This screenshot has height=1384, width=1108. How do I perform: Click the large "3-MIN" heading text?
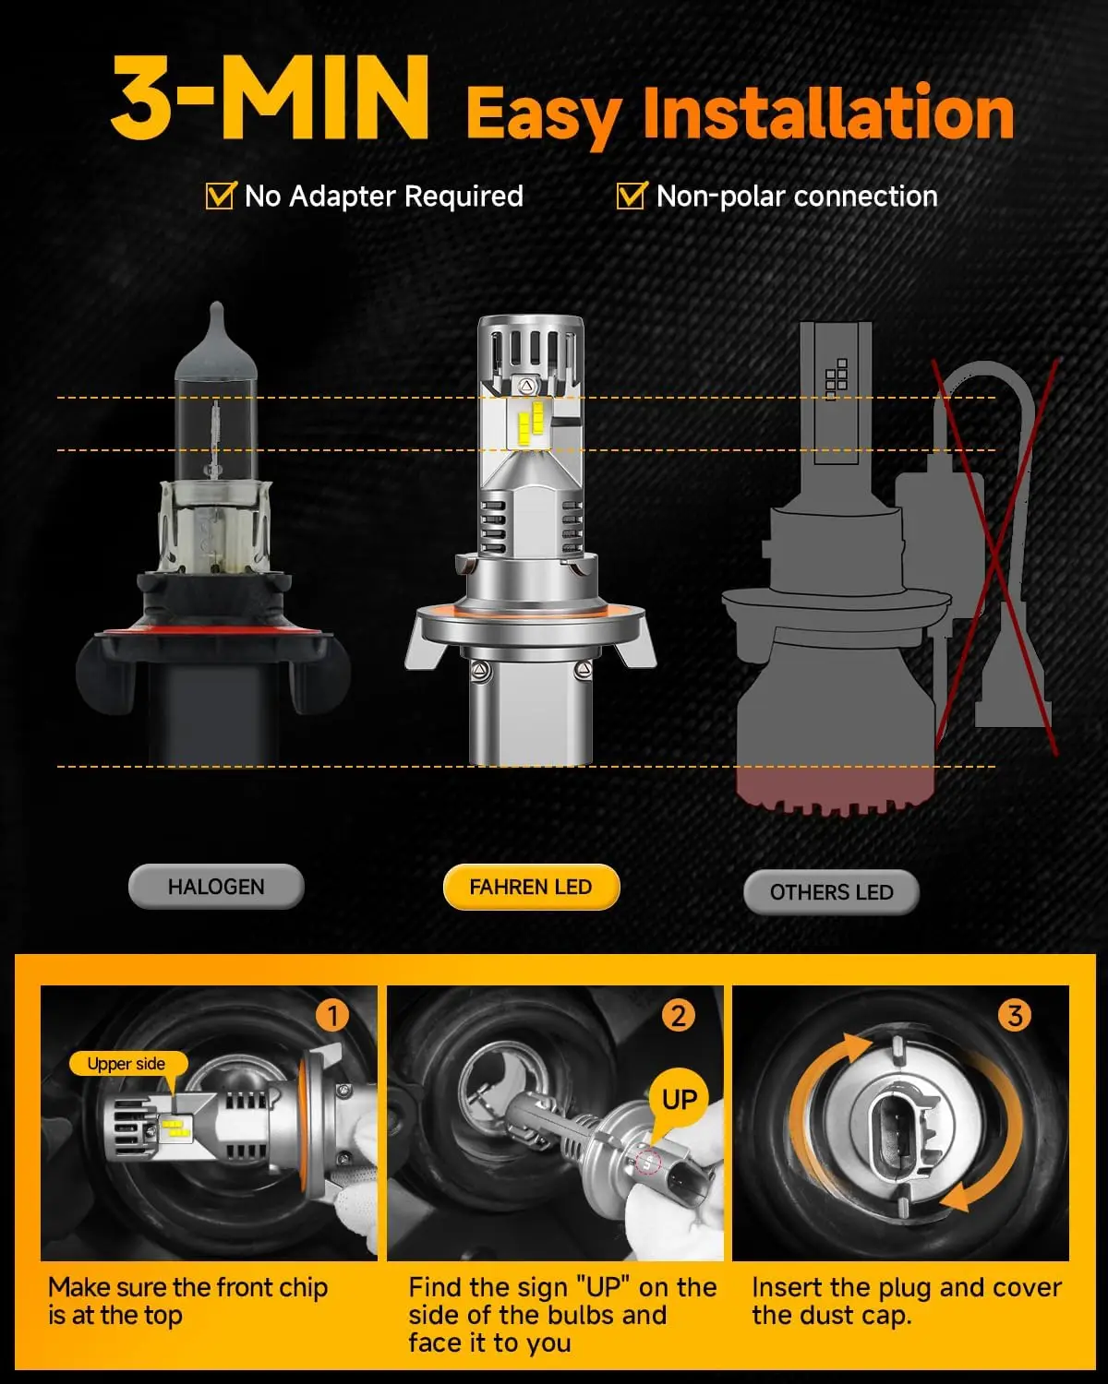coord(270,100)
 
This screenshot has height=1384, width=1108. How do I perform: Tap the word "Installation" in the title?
coord(828,114)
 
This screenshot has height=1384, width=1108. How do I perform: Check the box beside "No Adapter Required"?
coord(220,196)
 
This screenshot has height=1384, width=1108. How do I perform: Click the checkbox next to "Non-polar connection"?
coord(631,196)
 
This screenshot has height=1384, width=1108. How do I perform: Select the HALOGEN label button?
coord(216,887)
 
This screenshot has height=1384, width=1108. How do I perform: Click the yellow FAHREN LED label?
coord(531,888)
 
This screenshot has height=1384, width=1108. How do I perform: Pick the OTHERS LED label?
coord(831,892)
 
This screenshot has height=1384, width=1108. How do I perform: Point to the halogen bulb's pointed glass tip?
coord(216,318)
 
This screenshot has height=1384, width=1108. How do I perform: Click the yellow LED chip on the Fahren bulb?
coord(530,422)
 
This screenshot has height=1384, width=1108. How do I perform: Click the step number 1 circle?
coord(332,1016)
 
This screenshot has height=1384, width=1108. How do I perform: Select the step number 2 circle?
coord(679,1016)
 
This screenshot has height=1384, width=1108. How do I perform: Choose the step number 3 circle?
coord(1015,1016)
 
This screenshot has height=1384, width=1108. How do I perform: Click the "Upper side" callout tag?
coord(126,1064)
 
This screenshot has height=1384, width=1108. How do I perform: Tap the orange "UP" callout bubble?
coord(680,1100)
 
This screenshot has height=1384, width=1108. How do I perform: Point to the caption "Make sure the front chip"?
coord(188,1287)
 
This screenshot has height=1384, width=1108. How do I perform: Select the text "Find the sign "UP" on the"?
coord(562,1287)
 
